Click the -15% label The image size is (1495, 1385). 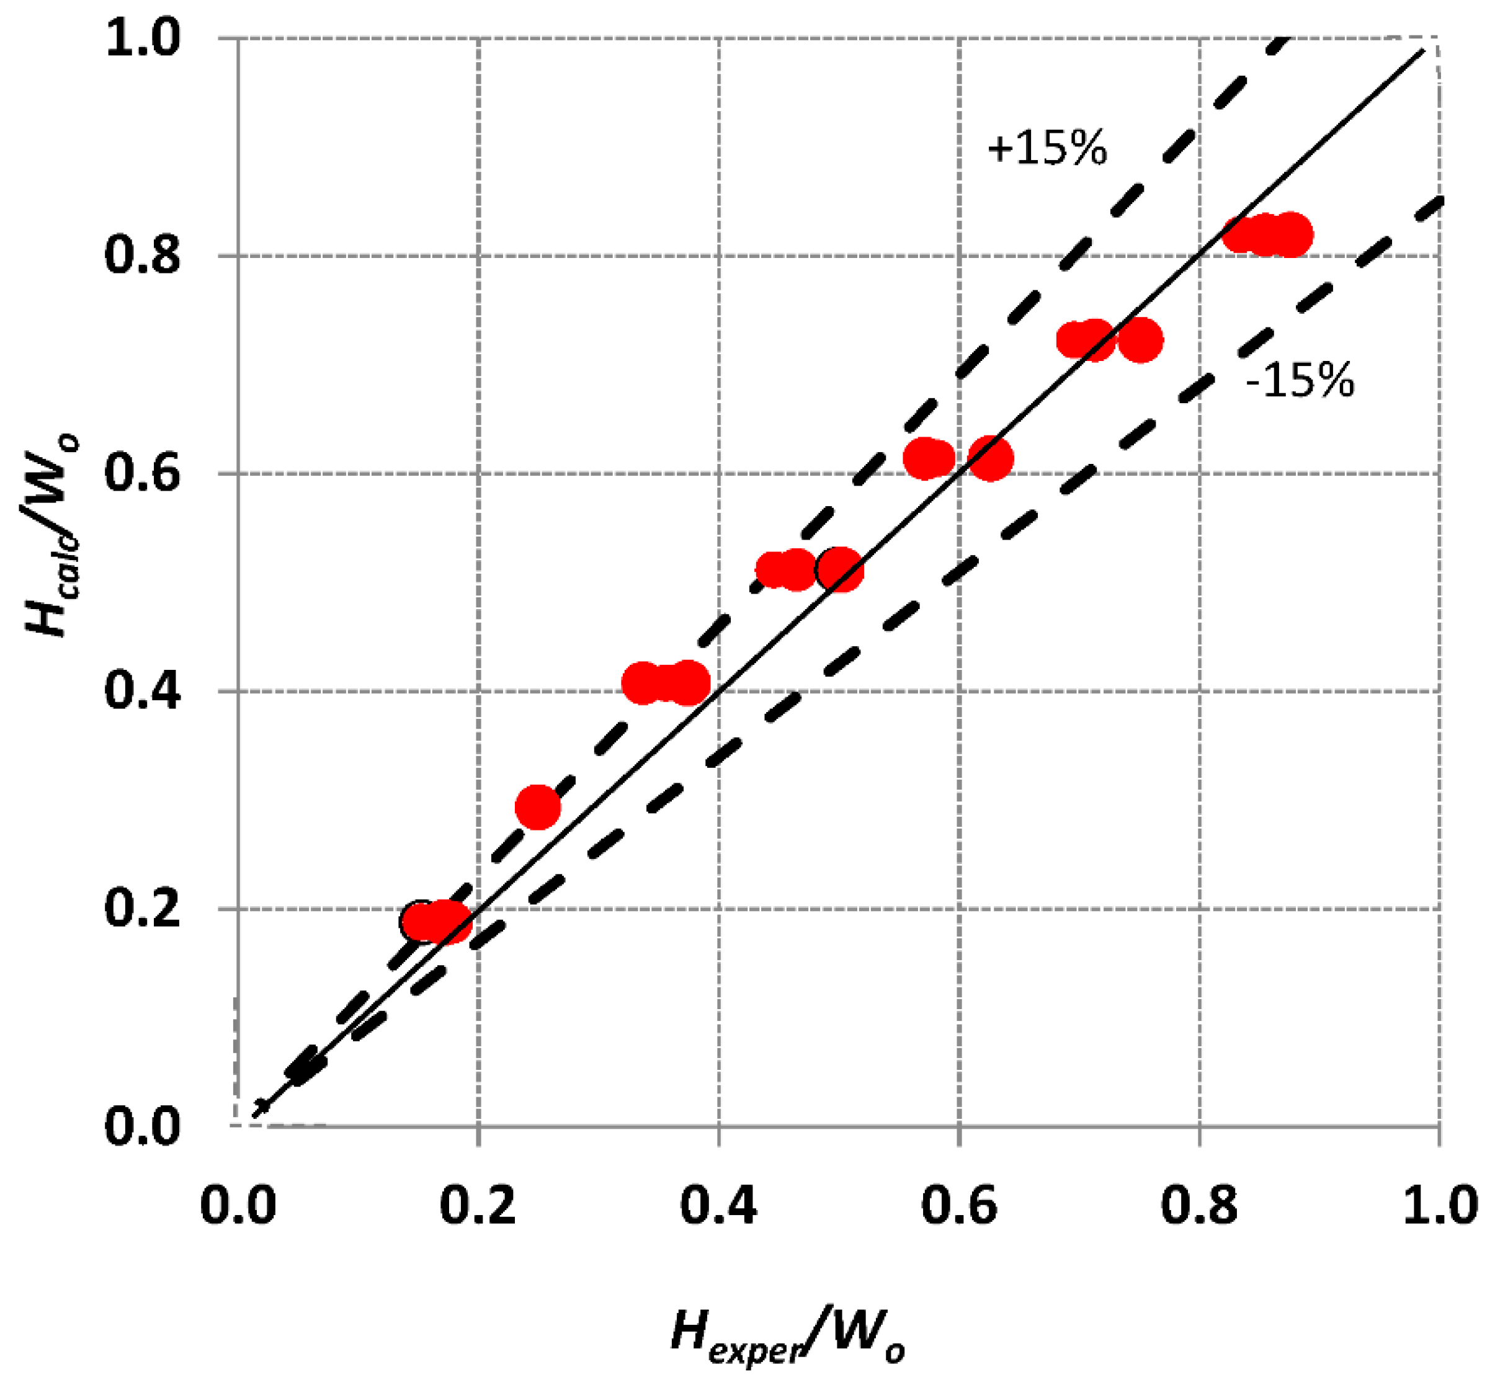tap(1300, 380)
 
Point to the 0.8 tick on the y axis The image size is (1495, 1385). tap(143, 256)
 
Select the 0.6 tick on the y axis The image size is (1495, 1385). tap(143, 474)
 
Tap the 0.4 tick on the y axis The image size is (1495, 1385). tap(143, 691)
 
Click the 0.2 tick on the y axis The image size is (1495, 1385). tap(143, 908)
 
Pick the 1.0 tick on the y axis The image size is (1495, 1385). tap(143, 38)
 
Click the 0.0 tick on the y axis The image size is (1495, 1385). tap(143, 1126)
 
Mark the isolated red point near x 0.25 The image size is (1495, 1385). tap(538, 807)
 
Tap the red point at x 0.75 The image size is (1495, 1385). tap(1140, 341)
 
